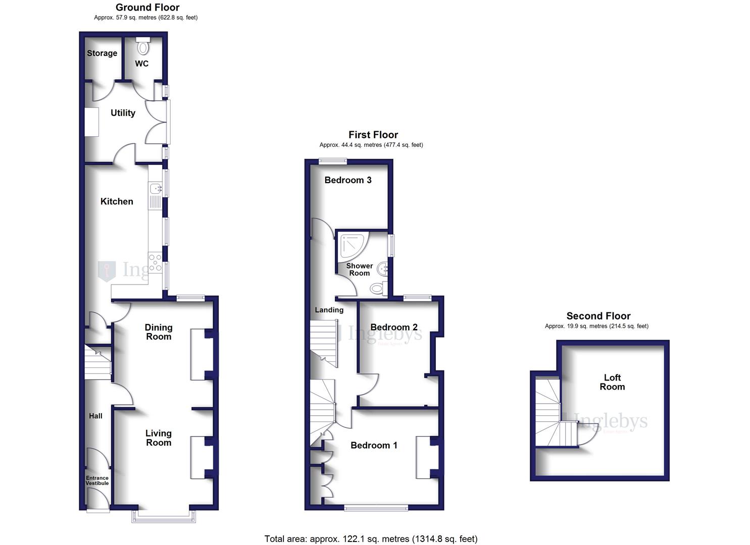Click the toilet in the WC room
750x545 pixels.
[x=143, y=47]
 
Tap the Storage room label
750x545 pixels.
[x=102, y=53]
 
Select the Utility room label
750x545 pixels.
[x=123, y=113]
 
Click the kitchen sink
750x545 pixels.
[x=155, y=189]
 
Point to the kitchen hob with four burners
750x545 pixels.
[x=155, y=262]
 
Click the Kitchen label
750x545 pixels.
[x=117, y=201]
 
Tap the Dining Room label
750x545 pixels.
[x=159, y=332]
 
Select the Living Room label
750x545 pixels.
[x=159, y=438]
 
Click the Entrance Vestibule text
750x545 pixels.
[x=97, y=480]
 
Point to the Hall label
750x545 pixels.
[x=95, y=416]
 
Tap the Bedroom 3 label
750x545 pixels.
[x=348, y=180]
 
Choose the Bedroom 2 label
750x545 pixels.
[x=394, y=327]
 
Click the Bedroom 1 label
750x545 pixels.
[x=374, y=445]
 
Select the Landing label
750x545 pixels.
[x=329, y=310]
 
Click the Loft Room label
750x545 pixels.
[x=612, y=382]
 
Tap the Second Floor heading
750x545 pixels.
[x=598, y=316]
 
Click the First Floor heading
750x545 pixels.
[x=373, y=135]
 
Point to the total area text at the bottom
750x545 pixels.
[x=371, y=539]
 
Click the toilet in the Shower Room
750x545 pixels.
[x=377, y=289]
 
